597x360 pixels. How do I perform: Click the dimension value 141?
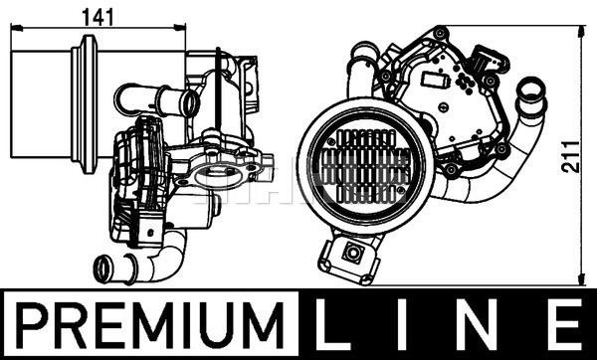click(98, 17)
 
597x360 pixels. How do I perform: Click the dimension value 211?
click(571, 156)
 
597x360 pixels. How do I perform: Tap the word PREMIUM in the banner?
click(150, 324)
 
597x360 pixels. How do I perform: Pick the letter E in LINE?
click(566, 324)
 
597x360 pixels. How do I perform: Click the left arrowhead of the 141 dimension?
click(17, 28)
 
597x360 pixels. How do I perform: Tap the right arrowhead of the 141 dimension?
click(180, 28)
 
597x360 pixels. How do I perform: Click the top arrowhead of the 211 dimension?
click(581, 32)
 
